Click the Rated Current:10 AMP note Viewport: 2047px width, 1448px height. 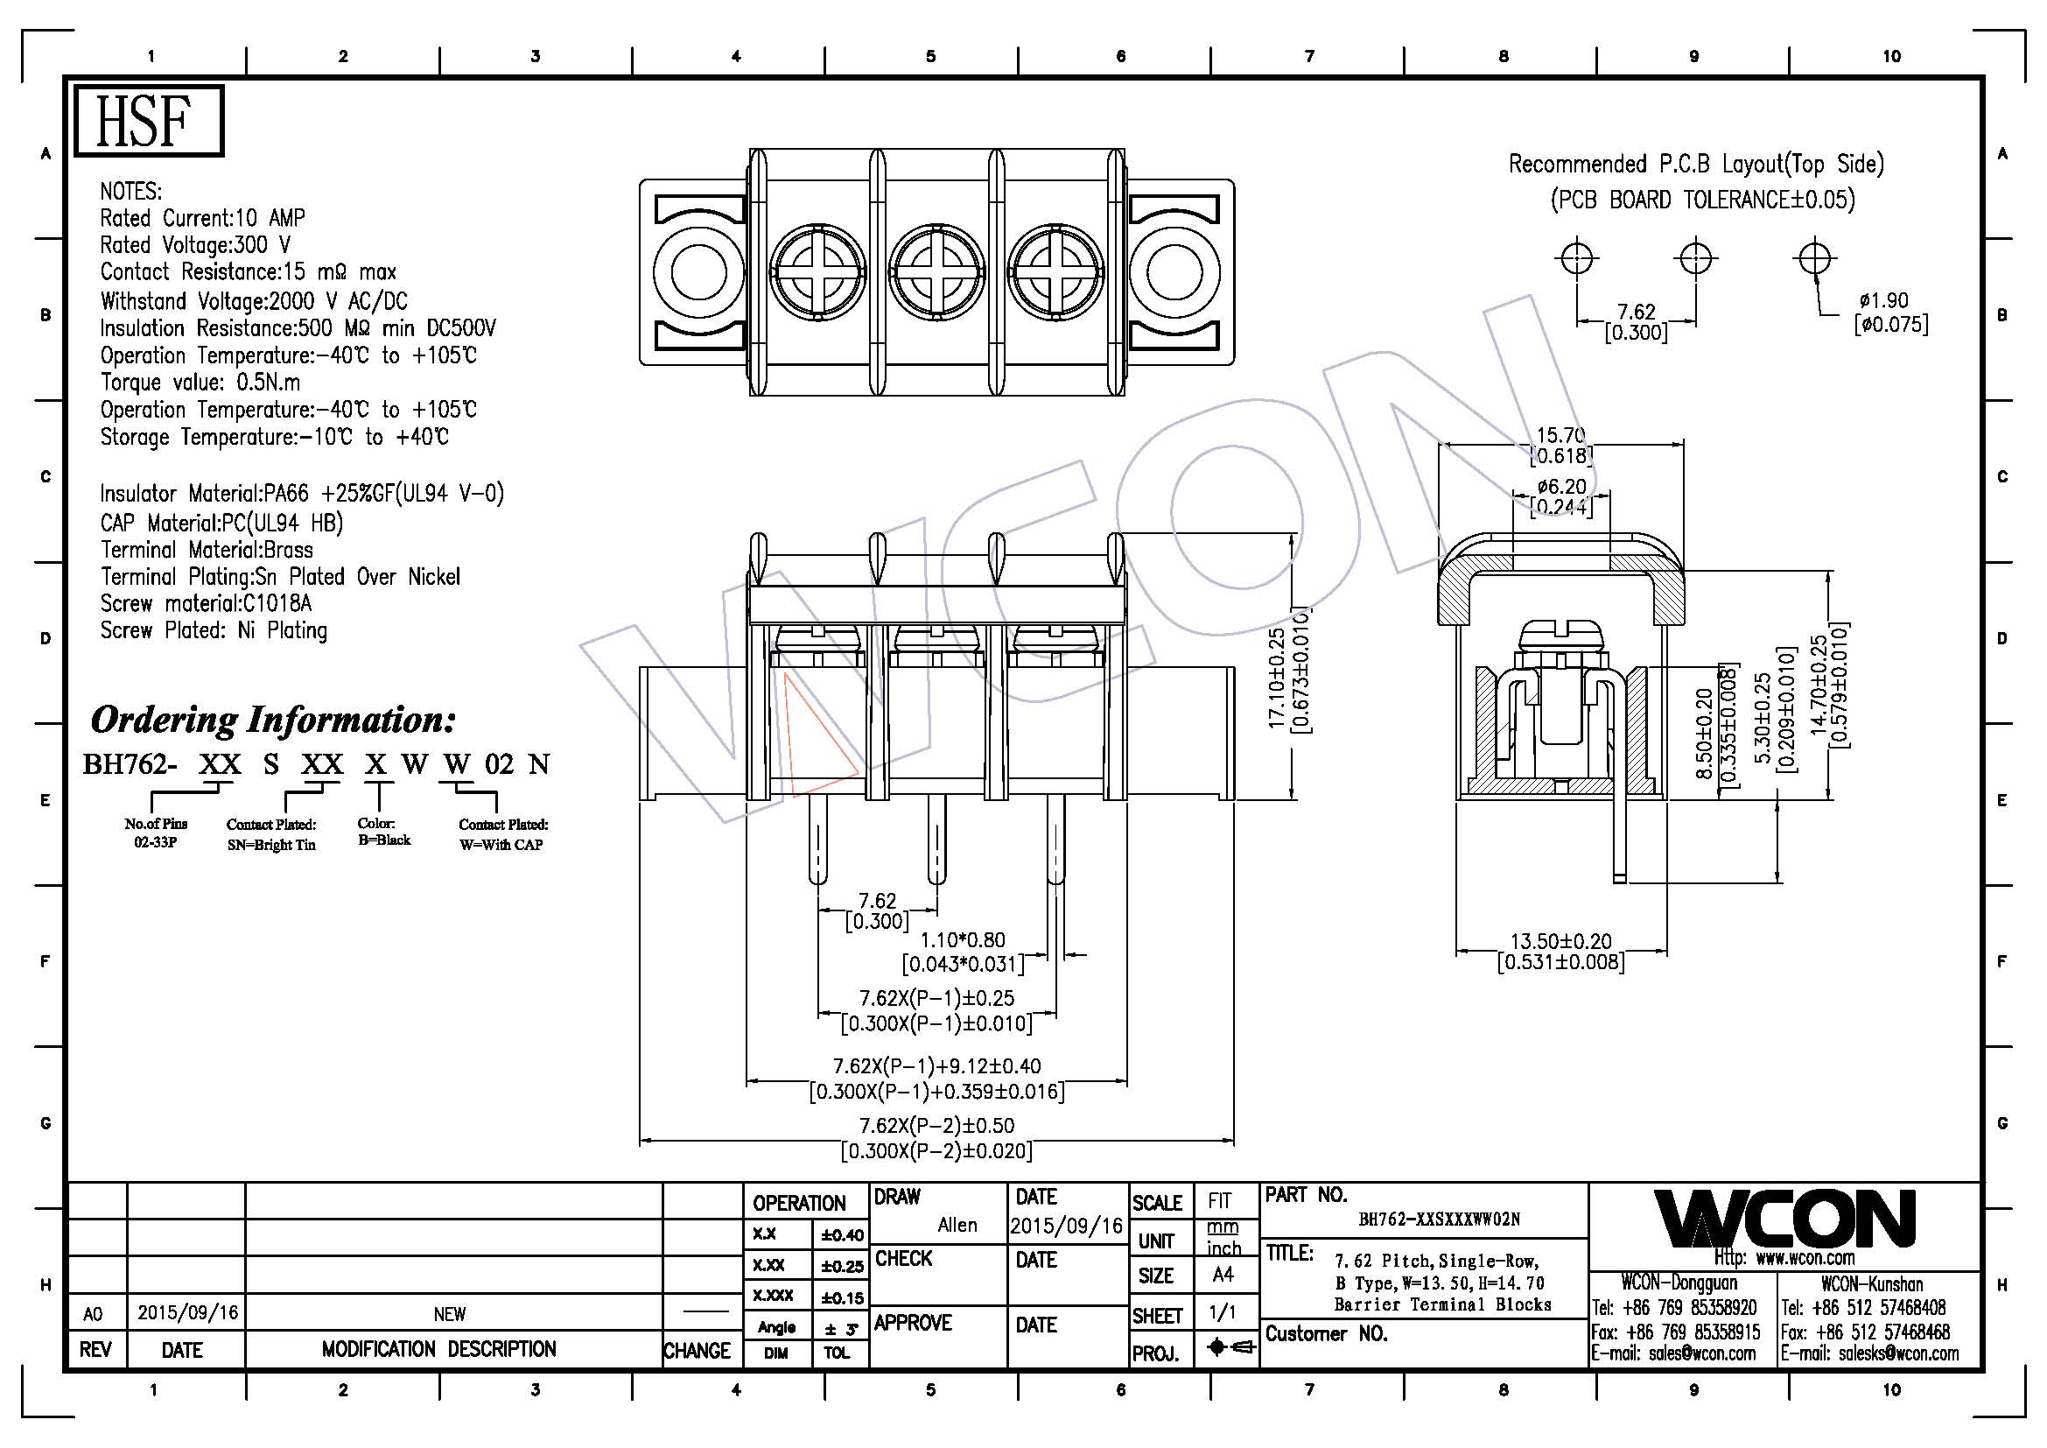click(202, 219)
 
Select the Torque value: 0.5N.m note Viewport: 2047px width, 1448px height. click(200, 383)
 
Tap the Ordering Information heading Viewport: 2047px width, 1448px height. click(273, 720)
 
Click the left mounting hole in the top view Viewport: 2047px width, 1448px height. click(698, 271)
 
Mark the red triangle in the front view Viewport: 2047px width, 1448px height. click(816, 735)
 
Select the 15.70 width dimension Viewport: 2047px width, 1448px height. click(1560, 435)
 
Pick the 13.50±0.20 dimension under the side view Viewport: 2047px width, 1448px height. click(1560, 942)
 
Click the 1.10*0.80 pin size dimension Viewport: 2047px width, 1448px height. click(962, 939)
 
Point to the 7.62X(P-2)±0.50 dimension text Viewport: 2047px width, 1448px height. click(936, 1125)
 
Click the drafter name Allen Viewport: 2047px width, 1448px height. click(957, 1225)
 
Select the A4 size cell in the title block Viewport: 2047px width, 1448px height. click(1223, 1275)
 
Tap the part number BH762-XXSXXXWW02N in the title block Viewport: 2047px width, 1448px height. click(1439, 1219)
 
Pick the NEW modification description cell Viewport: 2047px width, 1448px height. click(449, 1313)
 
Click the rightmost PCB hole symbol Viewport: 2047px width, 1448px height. click(1813, 258)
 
